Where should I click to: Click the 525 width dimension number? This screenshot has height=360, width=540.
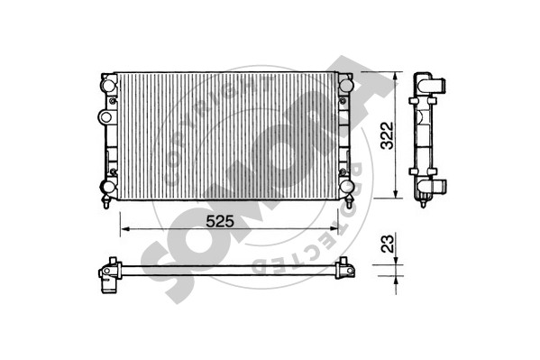tap(220, 221)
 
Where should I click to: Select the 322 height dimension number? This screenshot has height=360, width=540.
tap(387, 135)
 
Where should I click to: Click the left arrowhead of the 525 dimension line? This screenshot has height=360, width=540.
tap(125, 228)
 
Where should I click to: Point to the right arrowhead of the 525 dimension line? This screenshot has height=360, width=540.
tap(334, 228)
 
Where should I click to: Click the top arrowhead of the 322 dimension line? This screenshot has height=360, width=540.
tap(396, 78)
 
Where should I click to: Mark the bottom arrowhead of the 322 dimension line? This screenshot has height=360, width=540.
tap(396, 193)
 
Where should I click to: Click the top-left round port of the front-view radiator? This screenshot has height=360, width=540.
tap(107, 83)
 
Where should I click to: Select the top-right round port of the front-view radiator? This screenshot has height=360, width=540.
tap(345, 85)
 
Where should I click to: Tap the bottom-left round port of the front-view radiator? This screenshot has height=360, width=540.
tap(107, 187)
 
